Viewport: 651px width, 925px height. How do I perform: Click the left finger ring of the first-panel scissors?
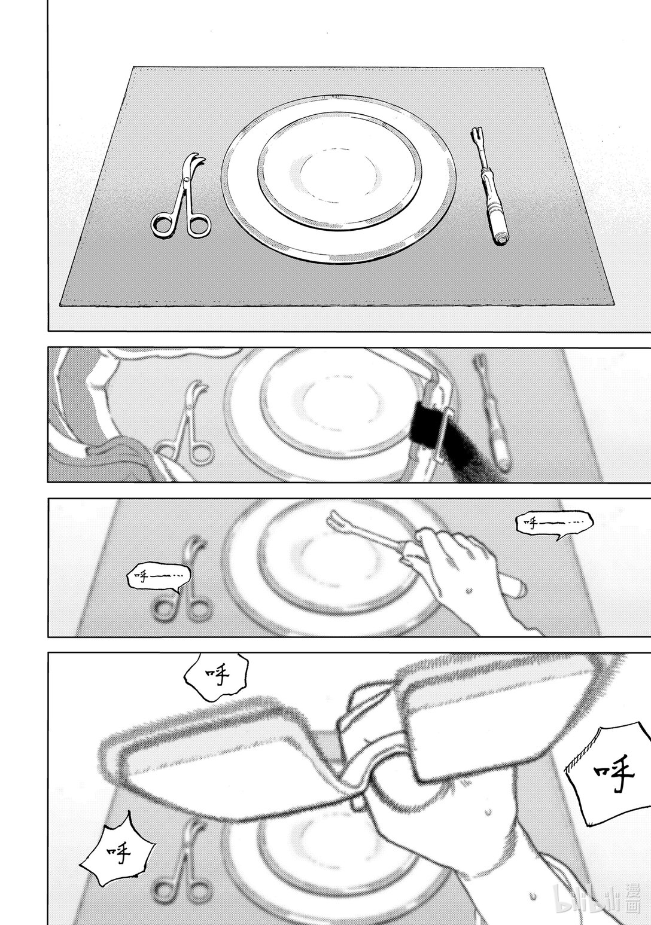tap(163, 224)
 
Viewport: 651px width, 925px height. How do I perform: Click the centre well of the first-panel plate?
tap(339, 175)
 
